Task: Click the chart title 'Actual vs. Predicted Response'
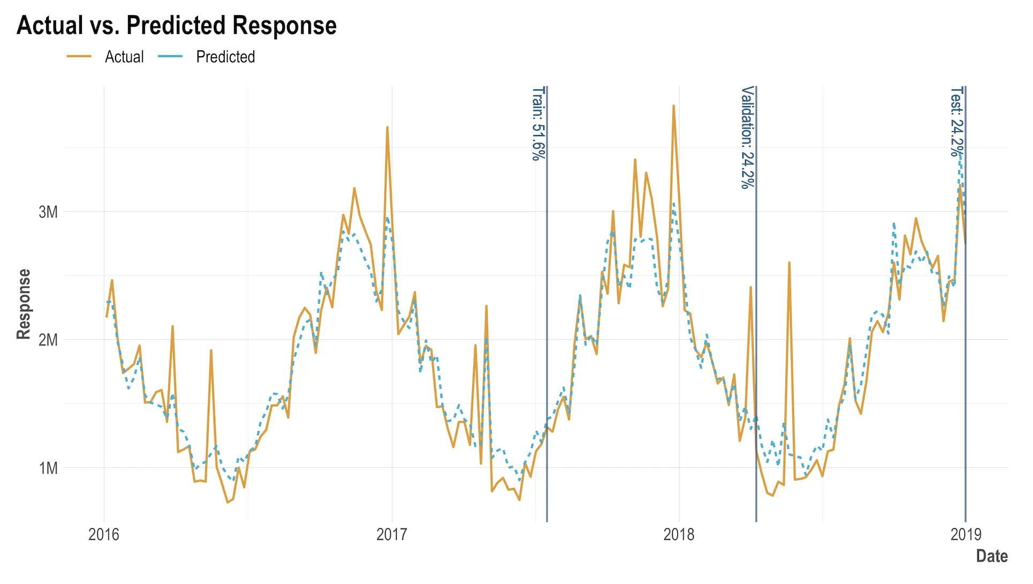[177, 25]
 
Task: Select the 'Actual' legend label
[124, 57]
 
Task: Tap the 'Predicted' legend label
[225, 57]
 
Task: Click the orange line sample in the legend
[79, 56]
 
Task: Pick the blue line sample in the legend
[171, 56]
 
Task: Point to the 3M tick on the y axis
[48, 212]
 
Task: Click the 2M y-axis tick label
[48, 340]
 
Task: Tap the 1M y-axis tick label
[48, 468]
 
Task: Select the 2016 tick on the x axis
[104, 534]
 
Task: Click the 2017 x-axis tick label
[392, 534]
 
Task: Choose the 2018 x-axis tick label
[679, 534]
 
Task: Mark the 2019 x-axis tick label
[966, 534]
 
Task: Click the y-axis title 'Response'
[24, 304]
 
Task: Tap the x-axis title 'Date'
[992, 556]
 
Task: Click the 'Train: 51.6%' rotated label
[538, 123]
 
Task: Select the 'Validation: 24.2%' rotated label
[748, 137]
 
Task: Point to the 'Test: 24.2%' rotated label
[957, 122]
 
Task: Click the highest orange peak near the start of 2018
[673, 106]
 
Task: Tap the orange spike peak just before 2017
[387, 128]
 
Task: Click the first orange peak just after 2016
[112, 280]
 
